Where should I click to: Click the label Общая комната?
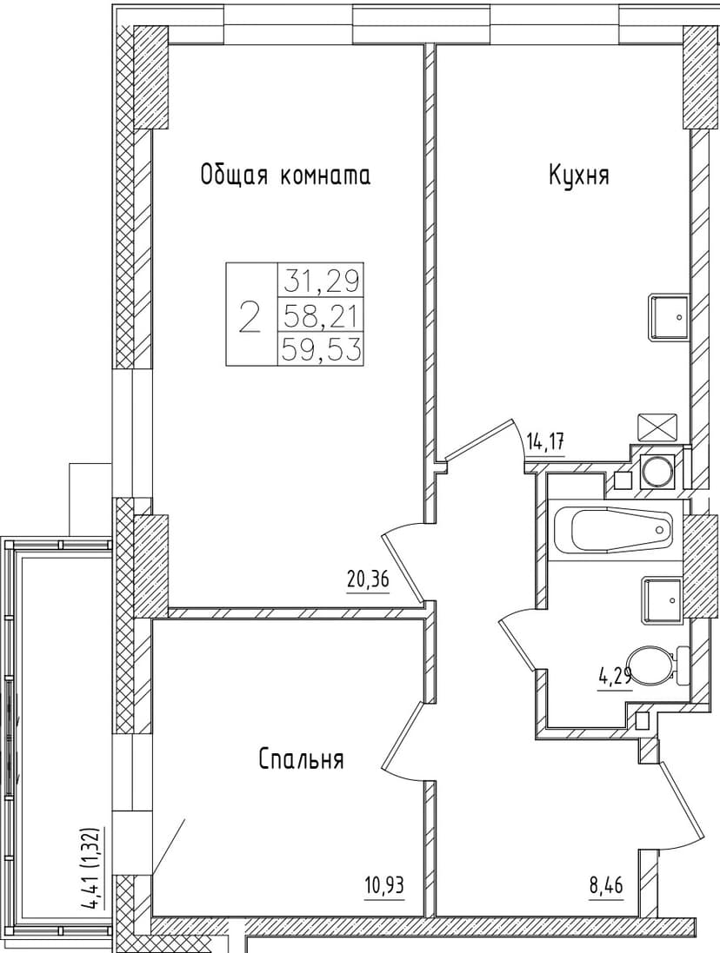pyautogui.click(x=285, y=175)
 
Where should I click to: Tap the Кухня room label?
pyautogui.click(x=578, y=175)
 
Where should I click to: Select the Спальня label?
pyautogui.click(x=301, y=760)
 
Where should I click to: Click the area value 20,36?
pyautogui.click(x=367, y=580)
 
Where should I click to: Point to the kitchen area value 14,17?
pyautogui.click(x=546, y=443)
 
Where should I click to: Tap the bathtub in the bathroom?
pyautogui.click(x=613, y=528)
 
